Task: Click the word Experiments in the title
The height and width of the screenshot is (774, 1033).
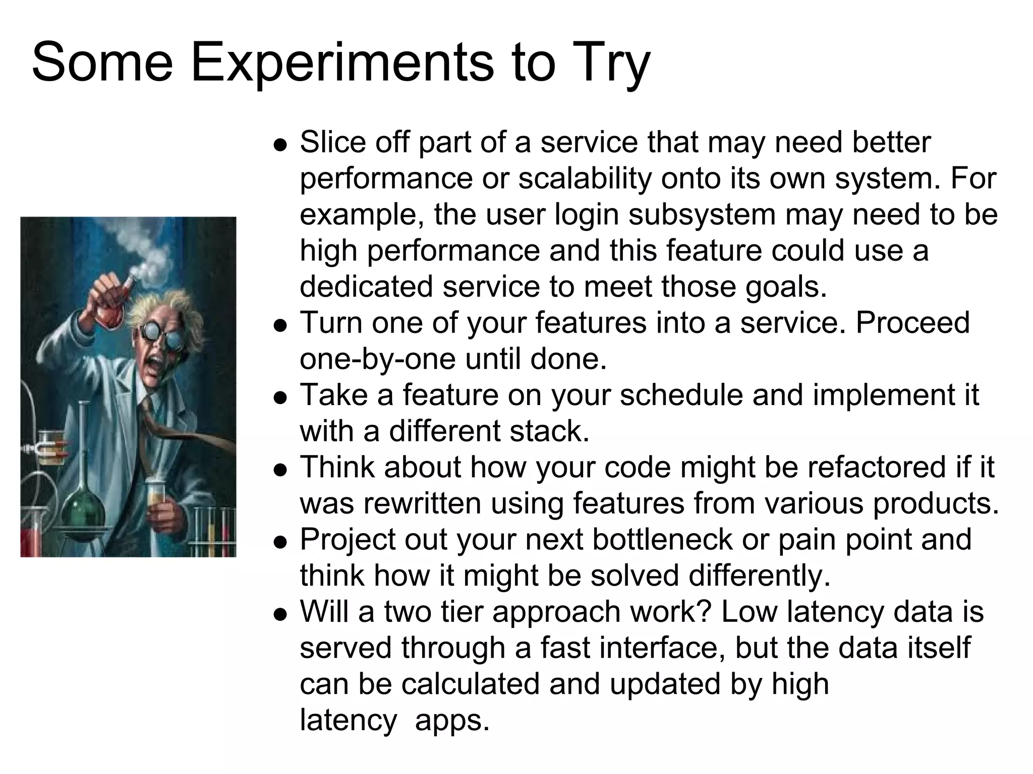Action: click(x=341, y=63)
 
